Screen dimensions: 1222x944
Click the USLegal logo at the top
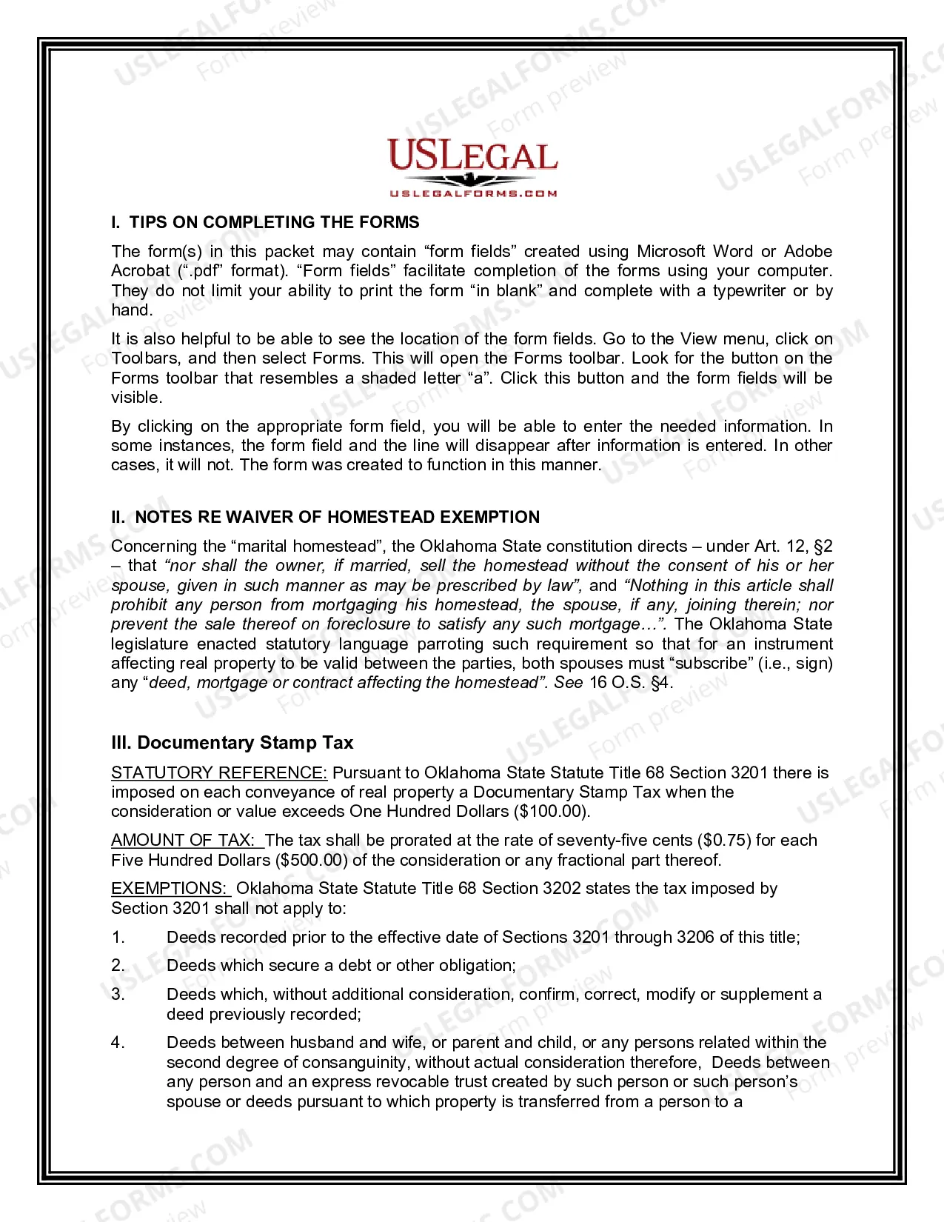(472, 157)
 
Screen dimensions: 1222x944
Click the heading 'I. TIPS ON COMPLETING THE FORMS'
(265, 222)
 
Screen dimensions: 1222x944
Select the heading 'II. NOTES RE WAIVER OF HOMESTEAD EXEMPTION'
(325, 517)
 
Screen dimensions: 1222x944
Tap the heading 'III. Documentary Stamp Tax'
(232, 743)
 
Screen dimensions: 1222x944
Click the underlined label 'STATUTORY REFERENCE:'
(219, 772)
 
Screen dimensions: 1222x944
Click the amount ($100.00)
(551, 811)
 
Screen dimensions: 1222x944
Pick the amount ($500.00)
(311, 860)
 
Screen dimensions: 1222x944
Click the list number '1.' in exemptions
(118, 937)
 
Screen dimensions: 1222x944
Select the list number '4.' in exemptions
(118, 1043)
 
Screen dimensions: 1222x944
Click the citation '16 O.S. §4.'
(631, 682)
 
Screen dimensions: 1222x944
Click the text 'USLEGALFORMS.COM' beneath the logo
(473, 194)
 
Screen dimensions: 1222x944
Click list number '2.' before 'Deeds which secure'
(118, 965)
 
